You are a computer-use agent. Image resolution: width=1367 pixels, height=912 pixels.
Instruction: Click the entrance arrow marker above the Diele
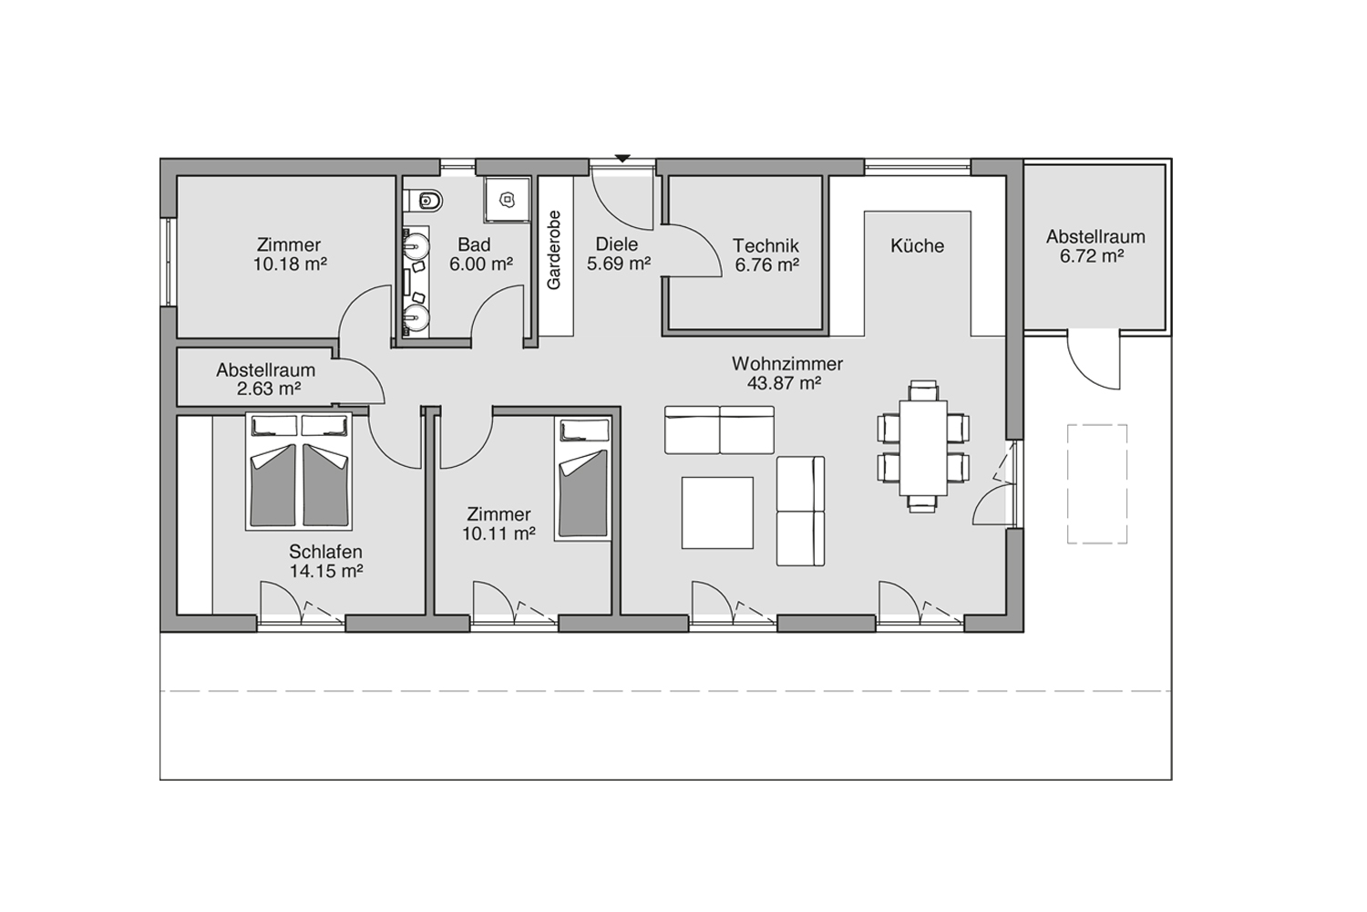tap(622, 159)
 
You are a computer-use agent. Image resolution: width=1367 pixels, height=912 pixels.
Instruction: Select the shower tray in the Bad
tap(507, 200)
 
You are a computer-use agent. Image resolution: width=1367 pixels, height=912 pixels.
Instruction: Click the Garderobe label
tap(553, 250)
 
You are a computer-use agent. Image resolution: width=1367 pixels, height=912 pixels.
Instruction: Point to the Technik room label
tap(766, 245)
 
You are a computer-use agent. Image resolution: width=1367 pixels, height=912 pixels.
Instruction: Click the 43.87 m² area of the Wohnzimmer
tap(784, 383)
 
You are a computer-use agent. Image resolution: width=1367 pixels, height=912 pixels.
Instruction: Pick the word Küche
tap(917, 245)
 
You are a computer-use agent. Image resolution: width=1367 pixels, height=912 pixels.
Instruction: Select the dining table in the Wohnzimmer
tap(923, 448)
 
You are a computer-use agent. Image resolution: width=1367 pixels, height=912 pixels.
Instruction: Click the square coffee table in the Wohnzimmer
tap(717, 513)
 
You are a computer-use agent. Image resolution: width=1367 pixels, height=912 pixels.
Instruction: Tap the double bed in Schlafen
tap(299, 471)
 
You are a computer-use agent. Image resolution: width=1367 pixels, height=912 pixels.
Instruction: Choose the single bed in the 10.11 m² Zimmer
tap(584, 478)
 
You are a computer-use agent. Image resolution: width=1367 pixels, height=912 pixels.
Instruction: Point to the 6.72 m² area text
tap(1091, 256)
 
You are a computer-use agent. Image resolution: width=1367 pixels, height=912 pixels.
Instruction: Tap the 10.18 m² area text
tap(290, 264)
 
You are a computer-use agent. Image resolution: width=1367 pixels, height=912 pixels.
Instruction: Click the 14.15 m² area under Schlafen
tap(326, 571)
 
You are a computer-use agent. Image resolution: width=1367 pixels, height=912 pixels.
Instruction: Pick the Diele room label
tap(617, 244)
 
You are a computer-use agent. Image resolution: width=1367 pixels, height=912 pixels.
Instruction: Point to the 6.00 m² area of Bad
tap(481, 264)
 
